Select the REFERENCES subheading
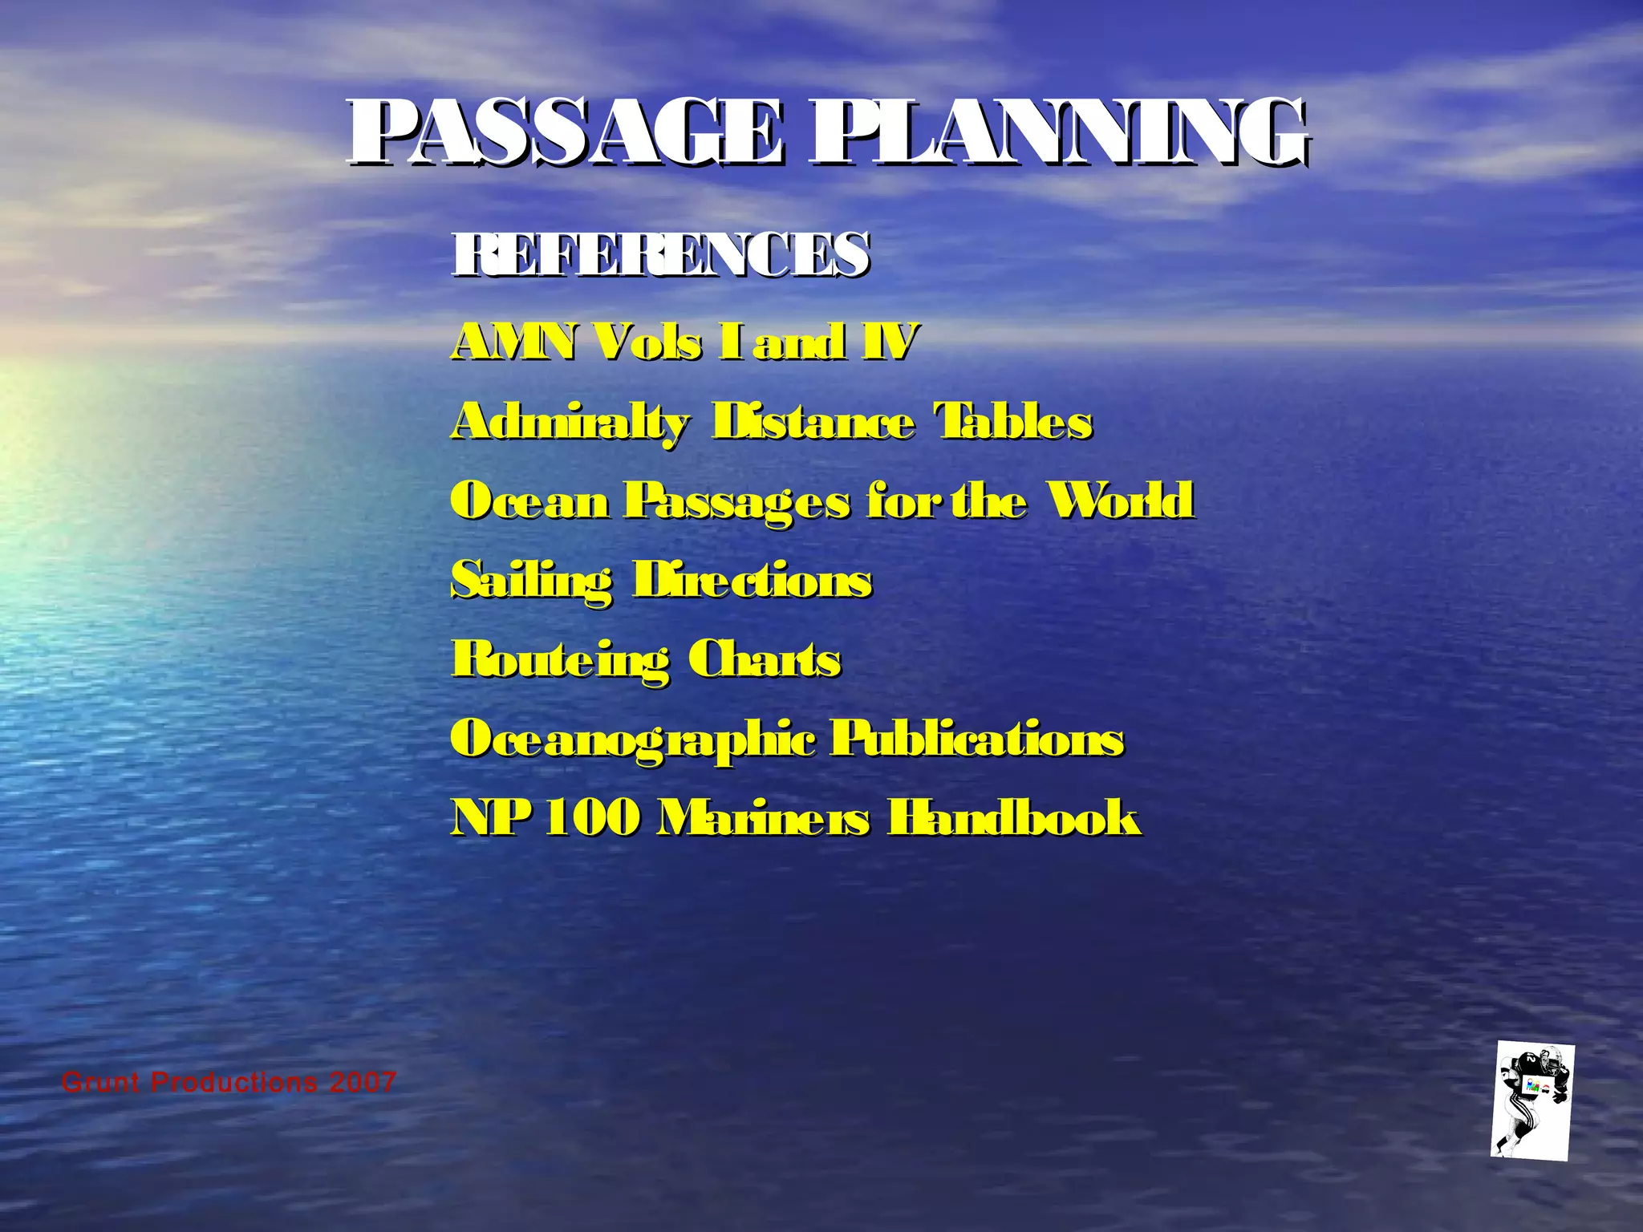tap(659, 254)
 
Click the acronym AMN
tap(513, 342)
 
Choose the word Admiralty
tap(570, 423)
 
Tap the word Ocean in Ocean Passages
tap(530, 501)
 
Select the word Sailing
tap(532, 582)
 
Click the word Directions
tap(752, 580)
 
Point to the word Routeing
tap(560, 661)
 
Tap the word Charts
tap(765, 659)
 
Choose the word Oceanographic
tap(633, 740)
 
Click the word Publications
tap(976, 738)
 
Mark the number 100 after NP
tap(593, 818)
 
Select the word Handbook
tap(1013, 818)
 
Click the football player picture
tap(1532, 1101)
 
